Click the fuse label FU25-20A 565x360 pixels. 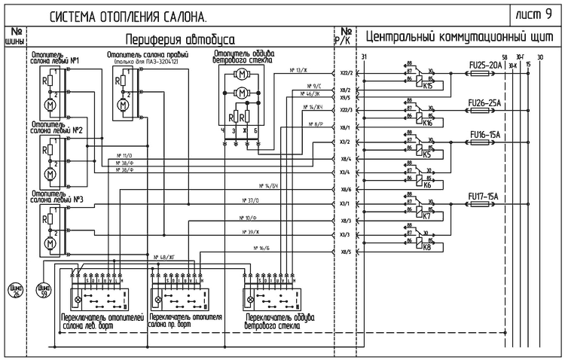485,66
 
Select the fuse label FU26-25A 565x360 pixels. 485,102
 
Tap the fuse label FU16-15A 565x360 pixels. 484,135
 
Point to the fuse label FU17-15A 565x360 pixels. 484,197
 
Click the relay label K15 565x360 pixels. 427,86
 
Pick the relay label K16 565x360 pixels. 427,121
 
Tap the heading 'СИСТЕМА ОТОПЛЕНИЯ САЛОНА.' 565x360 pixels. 129,16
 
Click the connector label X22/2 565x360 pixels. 346,74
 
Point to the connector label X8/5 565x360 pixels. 346,252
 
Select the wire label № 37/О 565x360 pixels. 252,201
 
